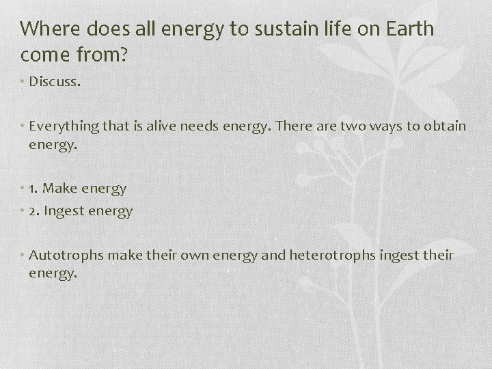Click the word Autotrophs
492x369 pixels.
(62, 255)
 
